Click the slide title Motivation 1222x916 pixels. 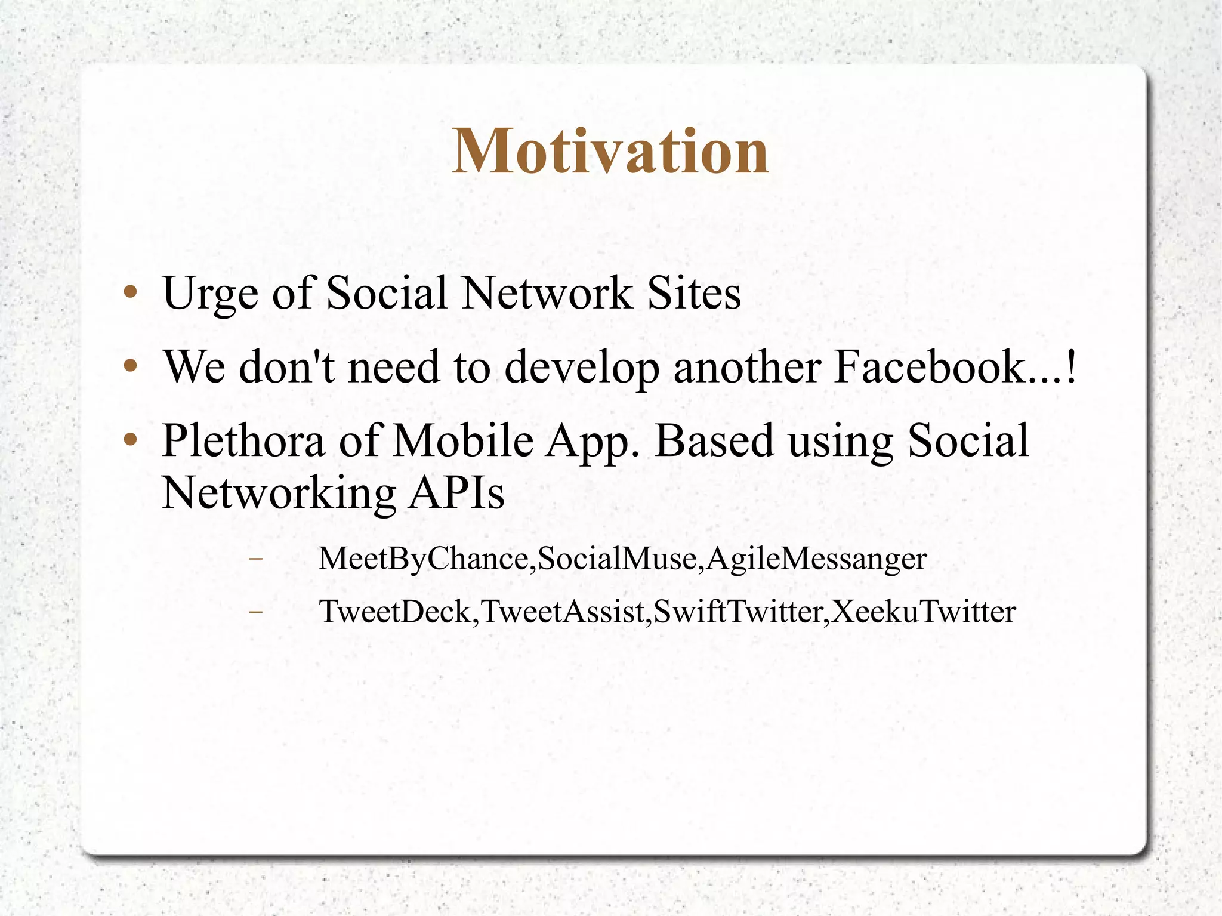point(610,152)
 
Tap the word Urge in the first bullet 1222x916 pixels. point(209,294)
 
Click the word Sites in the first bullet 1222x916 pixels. point(694,294)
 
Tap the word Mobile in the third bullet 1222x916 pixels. point(463,440)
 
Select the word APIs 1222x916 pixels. point(456,493)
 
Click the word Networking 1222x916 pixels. point(279,494)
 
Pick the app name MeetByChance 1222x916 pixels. point(423,559)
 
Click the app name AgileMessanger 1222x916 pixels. point(816,559)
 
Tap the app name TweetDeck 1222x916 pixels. point(395,612)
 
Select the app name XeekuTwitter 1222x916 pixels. point(923,612)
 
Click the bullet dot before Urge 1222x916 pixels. point(131,293)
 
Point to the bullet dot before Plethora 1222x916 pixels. point(131,440)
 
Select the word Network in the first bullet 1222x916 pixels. point(547,294)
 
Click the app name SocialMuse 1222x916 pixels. point(617,559)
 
